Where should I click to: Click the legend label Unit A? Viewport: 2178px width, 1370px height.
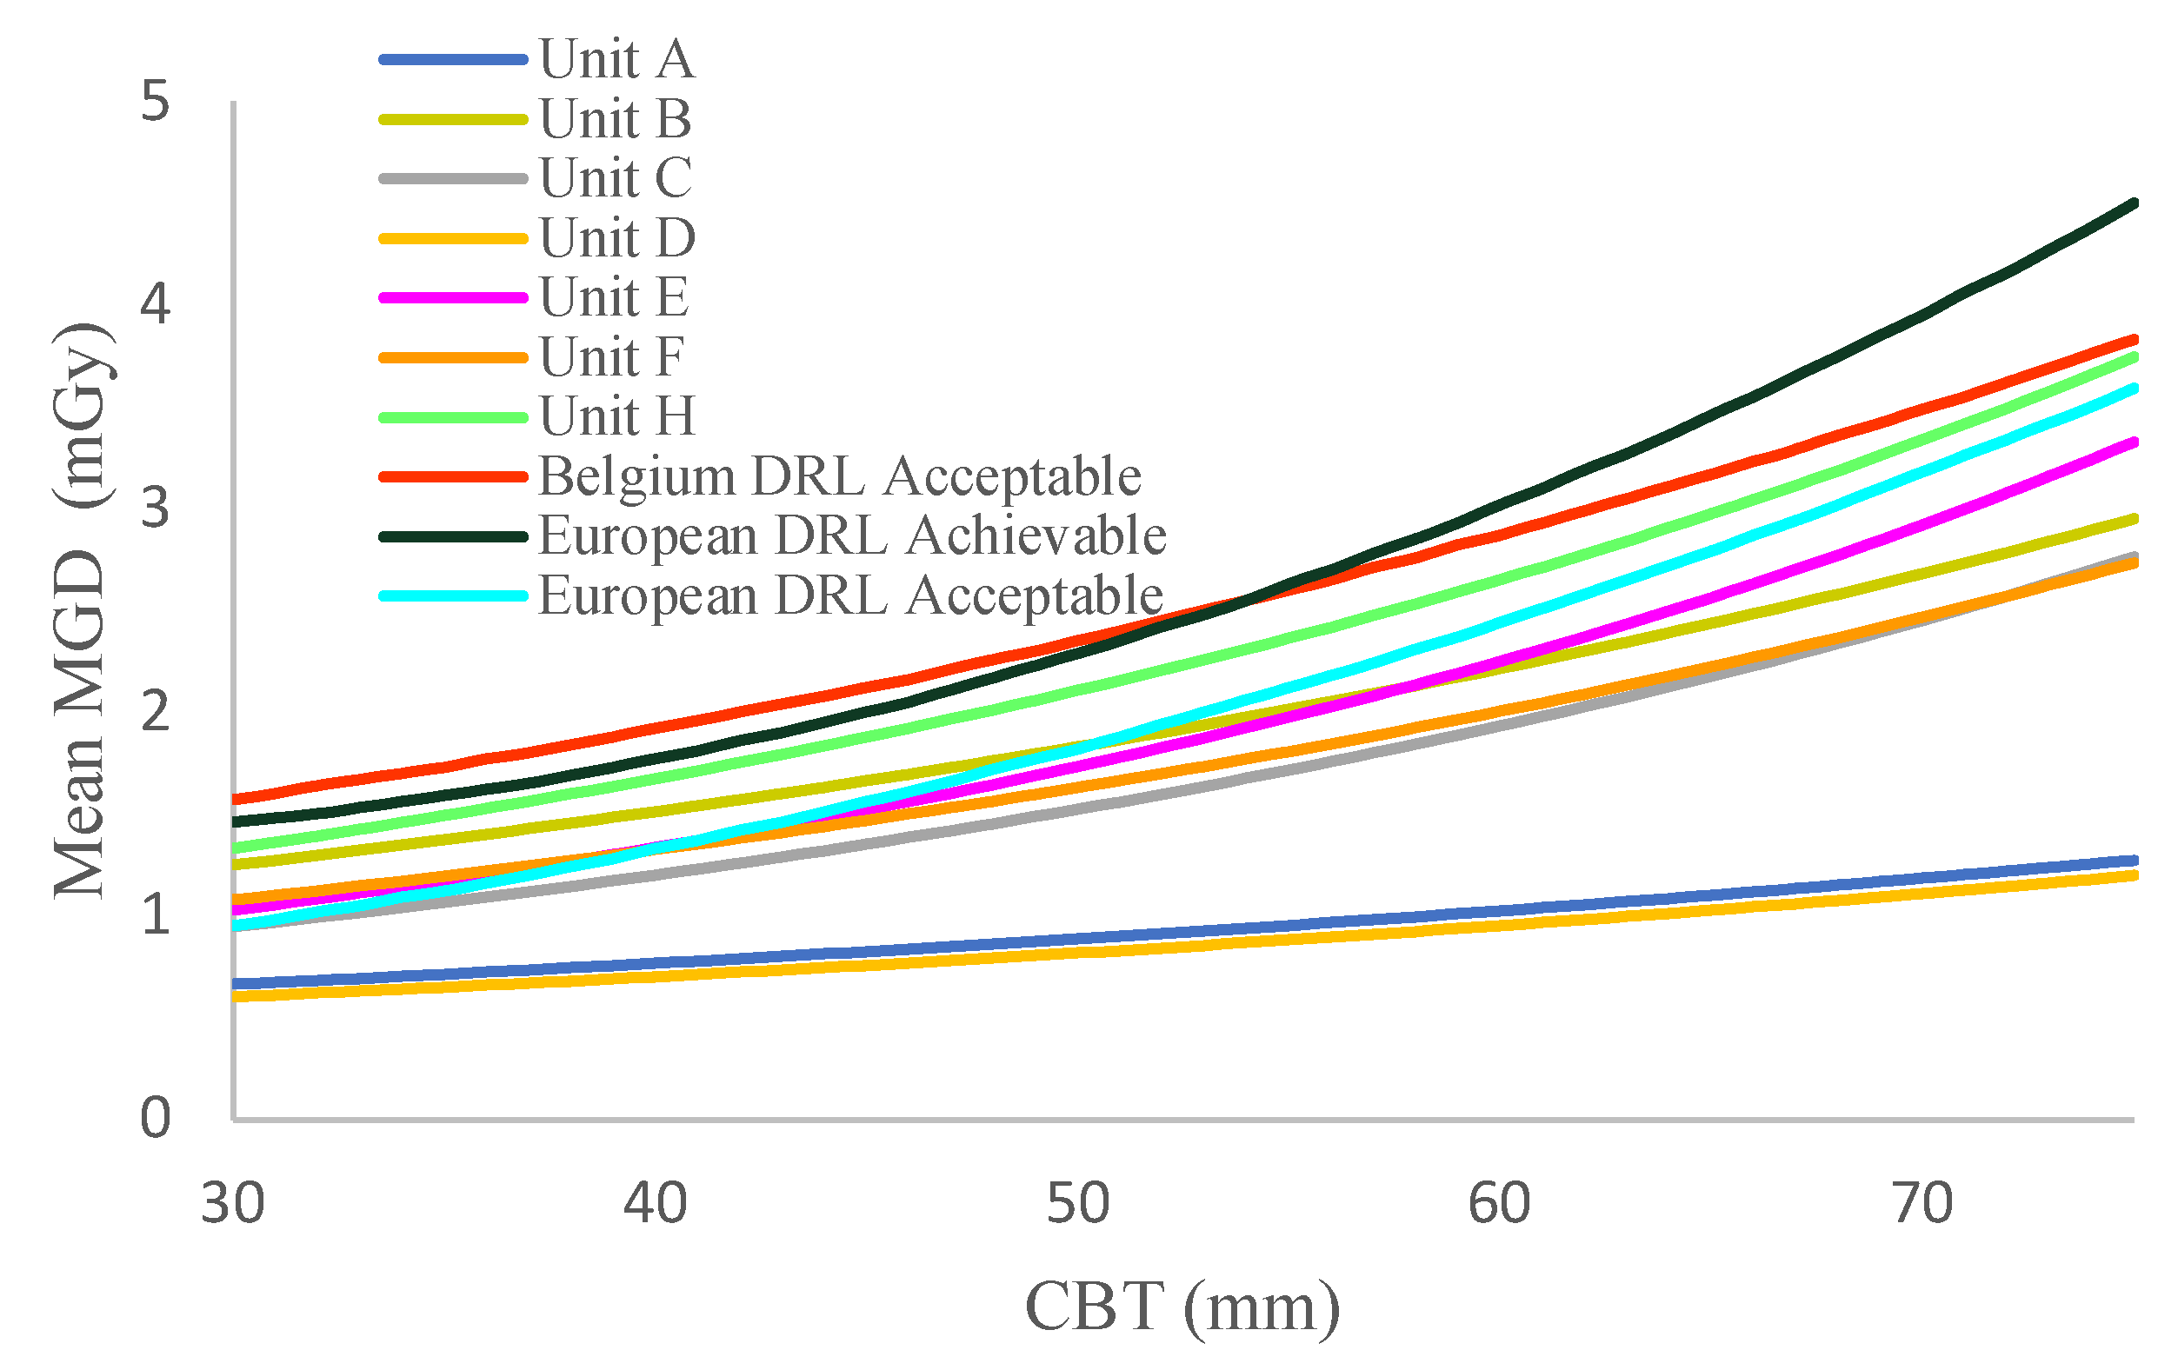(616, 60)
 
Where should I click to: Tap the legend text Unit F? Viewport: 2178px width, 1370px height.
(611, 357)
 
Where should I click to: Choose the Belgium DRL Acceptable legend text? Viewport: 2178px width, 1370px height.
(839, 476)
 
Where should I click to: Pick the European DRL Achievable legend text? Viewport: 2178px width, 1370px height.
(852, 536)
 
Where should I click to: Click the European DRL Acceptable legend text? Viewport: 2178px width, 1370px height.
(850, 596)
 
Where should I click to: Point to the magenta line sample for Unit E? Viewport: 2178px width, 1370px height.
(452, 297)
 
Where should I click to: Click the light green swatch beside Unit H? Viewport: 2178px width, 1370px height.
(452, 418)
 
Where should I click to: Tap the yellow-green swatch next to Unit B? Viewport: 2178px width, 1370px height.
(452, 119)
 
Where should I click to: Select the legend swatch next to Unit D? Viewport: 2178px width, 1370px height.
(452, 239)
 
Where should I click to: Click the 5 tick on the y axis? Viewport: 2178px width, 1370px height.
(155, 102)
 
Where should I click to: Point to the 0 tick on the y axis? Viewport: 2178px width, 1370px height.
(155, 1119)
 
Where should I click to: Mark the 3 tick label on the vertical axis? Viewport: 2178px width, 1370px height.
(155, 509)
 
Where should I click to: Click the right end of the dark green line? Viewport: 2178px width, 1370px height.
(2133, 203)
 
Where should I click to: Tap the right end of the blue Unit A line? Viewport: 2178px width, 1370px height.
(2133, 860)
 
